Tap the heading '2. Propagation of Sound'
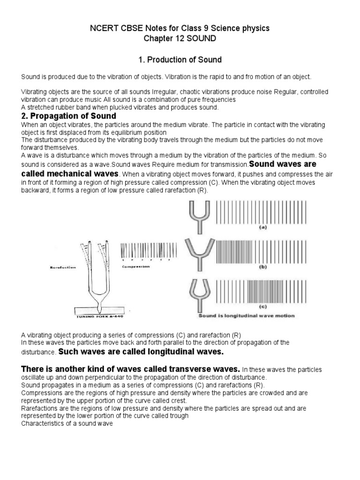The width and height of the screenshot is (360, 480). tap(69, 116)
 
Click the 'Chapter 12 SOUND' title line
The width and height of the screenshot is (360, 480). tap(180, 39)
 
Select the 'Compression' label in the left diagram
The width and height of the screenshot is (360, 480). tap(136, 266)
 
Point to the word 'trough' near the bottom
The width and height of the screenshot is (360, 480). tap(179, 416)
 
